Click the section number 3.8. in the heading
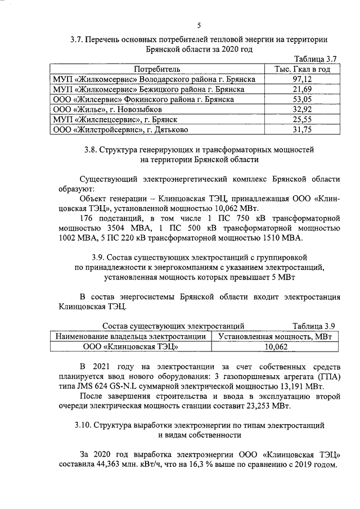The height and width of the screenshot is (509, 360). coord(91,150)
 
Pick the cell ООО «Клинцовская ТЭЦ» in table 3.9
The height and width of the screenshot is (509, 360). coord(130,347)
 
